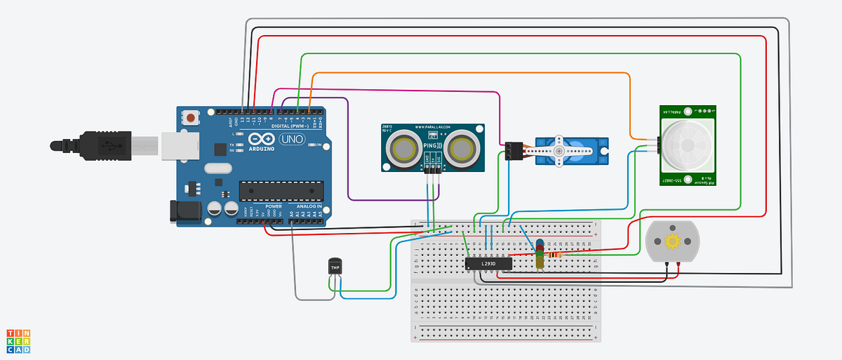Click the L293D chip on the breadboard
488,263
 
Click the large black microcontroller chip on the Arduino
281,190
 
